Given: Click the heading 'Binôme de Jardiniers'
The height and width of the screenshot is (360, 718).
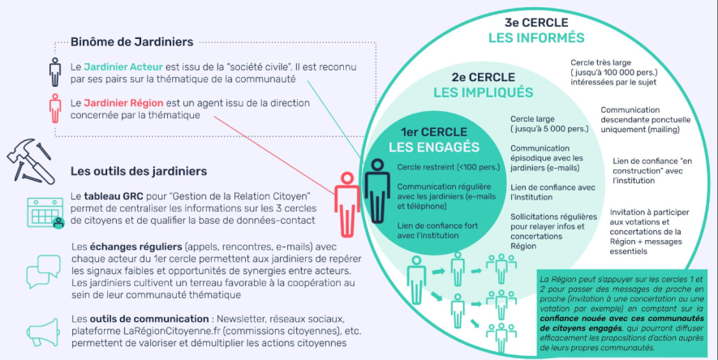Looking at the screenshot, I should pos(131,41).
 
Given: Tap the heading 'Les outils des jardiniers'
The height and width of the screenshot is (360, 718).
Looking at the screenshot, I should pos(139,171).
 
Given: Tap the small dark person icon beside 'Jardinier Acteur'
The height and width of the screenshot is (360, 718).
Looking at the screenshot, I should pos(55,70).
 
